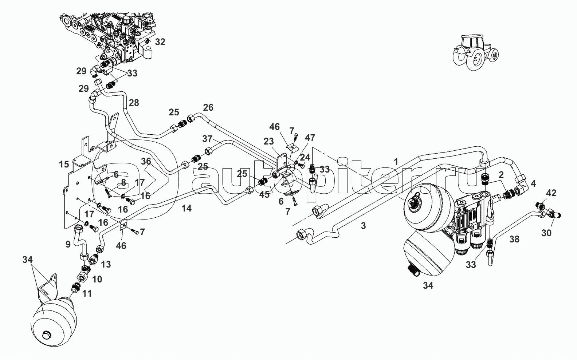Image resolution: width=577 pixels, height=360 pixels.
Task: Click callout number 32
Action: [x=160, y=42]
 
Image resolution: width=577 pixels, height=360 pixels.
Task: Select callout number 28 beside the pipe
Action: [x=134, y=103]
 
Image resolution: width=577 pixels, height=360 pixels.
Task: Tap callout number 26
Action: [x=208, y=108]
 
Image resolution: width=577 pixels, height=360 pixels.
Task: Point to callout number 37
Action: [x=207, y=139]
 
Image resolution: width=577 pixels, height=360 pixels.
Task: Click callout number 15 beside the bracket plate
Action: [x=64, y=164]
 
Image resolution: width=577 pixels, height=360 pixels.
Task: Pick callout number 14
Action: [x=187, y=208]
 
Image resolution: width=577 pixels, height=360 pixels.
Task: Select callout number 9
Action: [x=68, y=245]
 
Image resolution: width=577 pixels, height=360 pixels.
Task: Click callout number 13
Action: [x=106, y=264]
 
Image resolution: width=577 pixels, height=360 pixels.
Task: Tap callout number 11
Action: [x=87, y=293]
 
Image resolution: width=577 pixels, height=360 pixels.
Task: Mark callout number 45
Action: [x=264, y=195]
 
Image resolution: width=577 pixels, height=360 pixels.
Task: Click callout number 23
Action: [x=268, y=142]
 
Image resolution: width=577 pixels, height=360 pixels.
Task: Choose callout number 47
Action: [x=310, y=138]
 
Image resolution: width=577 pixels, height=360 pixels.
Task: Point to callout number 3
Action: [x=363, y=226]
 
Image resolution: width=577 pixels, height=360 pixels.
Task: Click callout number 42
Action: [x=552, y=193]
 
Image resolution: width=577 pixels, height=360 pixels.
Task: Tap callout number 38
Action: [x=514, y=239]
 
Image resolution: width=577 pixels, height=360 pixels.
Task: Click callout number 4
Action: [x=533, y=183]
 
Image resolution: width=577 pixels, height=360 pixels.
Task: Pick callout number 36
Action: [x=146, y=162]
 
